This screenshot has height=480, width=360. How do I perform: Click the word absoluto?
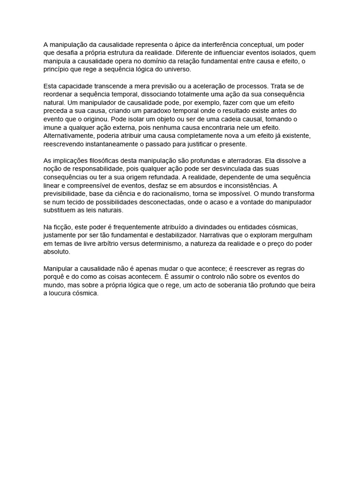(x=56, y=252)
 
